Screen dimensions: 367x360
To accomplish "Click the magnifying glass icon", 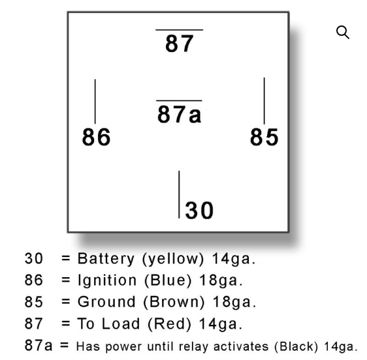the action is (343, 32).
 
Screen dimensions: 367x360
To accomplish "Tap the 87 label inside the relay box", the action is (180, 44).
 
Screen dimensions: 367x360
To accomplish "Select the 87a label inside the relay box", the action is (180, 114).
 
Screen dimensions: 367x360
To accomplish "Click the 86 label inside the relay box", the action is (96, 137).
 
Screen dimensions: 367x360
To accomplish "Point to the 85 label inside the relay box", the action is (264, 137).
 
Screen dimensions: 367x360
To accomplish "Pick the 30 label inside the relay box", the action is (199, 211).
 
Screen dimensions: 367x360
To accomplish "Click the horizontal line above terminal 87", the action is (180, 30).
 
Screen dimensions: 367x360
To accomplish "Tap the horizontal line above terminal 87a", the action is (179, 100).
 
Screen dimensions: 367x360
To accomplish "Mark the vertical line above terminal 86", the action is (95, 102).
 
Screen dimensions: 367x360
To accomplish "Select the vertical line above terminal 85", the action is (264, 101).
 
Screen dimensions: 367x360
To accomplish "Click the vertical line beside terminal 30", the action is (180, 194).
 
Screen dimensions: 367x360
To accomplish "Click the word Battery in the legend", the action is (106, 259).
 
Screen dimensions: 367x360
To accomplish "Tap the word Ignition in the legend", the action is (107, 280).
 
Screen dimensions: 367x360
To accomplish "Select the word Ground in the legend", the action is (106, 302).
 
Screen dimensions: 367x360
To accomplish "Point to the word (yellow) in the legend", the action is (173, 260).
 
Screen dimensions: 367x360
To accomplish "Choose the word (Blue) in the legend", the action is (168, 280).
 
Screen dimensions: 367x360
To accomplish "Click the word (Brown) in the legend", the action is (174, 302).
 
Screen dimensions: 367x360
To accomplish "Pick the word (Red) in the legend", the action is (169, 324).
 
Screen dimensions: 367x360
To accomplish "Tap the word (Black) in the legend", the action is (296, 347).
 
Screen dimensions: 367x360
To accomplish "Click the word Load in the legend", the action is (121, 323).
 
